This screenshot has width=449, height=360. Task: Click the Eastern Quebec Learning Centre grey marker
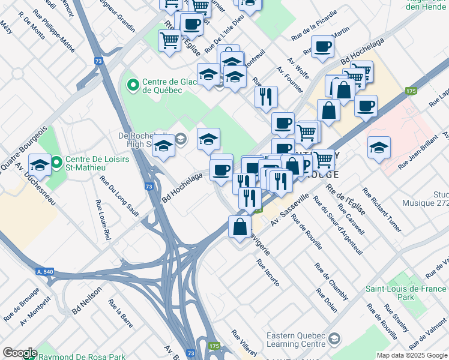coord(334,340)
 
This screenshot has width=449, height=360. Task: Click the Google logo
coord(19,353)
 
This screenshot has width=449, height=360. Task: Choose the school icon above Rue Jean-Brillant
coord(379,148)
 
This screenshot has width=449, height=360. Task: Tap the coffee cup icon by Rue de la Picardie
coord(322,47)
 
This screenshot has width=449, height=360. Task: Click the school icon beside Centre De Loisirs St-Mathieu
coord(40,165)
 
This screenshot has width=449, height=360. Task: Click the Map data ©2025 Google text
coord(412,355)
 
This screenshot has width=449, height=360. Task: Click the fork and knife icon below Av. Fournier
coord(266,96)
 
